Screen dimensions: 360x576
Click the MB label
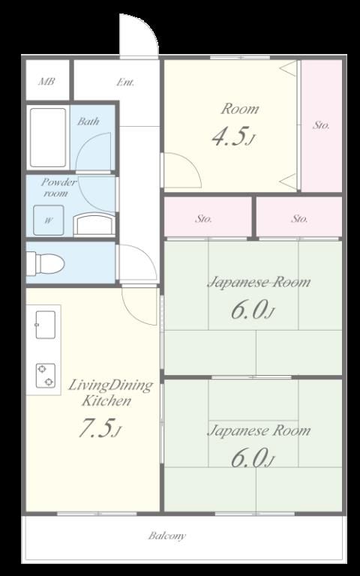[x=46, y=82]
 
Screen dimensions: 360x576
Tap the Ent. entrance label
[x=125, y=82]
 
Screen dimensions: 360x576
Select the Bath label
[x=88, y=121]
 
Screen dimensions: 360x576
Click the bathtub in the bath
[x=48, y=137]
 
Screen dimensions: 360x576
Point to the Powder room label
[x=58, y=187]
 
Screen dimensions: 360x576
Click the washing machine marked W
[x=49, y=220]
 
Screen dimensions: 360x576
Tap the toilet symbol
[x=46, y=263]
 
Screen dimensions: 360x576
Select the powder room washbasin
[x=94, y=225]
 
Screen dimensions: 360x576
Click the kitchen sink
[x=46, y=325]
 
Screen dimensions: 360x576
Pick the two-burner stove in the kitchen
[x=46, y=376]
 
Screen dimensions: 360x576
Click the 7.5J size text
[x=99, y=429]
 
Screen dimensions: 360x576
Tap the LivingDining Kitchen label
[x=110, y=393]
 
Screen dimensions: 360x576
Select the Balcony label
[x=167, y=536]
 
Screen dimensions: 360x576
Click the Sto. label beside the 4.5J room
[x=321, y=125]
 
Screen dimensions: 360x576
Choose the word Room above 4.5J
[x=240, y=109]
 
